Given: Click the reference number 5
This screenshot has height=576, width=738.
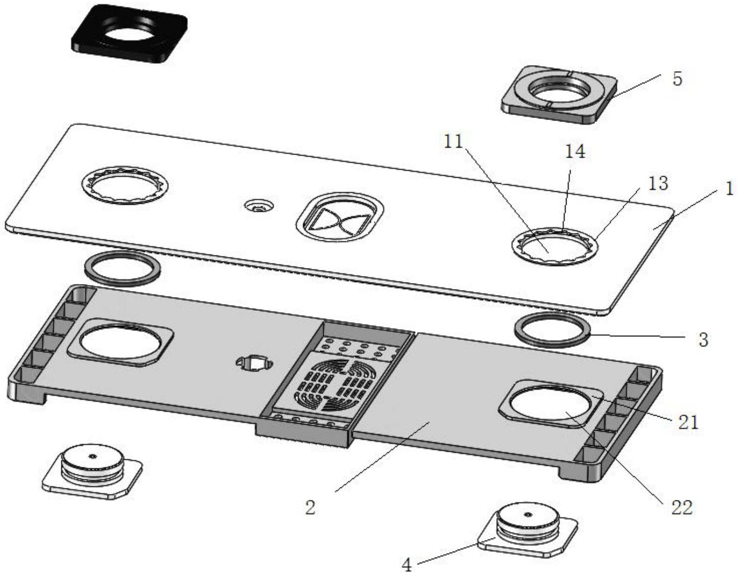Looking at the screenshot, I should (678, 79).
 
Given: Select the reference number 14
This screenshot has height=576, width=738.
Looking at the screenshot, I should (575, 151).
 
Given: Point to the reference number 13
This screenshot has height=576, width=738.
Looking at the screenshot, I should (658, 183).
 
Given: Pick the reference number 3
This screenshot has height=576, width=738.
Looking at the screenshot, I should (703, 340).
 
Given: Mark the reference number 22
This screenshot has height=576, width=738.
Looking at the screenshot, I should (681, 507).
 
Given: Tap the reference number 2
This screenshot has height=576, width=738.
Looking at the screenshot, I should (310, 508).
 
